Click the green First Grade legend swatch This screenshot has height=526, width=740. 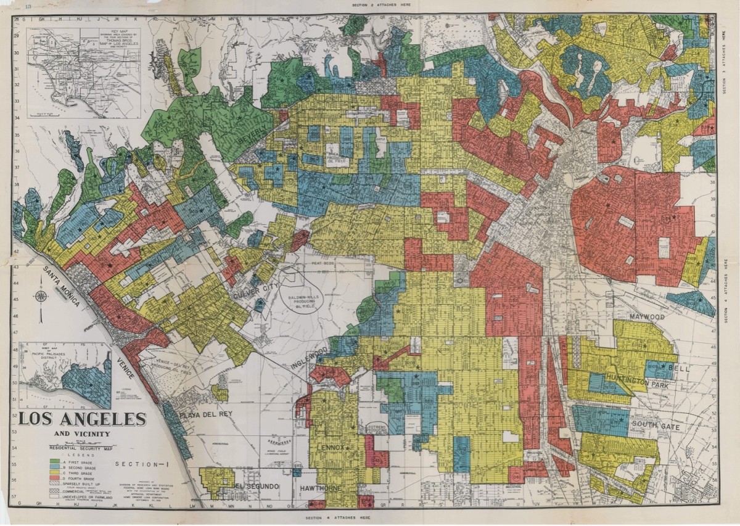[x=55, y=461]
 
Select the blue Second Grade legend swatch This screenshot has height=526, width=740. [x=55, y=467]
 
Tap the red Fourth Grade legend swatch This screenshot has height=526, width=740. [x=55, y=478]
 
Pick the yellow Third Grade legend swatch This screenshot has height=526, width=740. [x=55, y=472]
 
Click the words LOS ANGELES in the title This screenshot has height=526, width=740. [x=82, y=419]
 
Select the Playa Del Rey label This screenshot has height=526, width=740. [x=206, y=414]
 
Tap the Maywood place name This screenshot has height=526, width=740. [x=647, y=316]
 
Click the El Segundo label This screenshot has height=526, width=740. [x=257, y=487]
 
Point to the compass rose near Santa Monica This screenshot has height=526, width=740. [x=41, y=296]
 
